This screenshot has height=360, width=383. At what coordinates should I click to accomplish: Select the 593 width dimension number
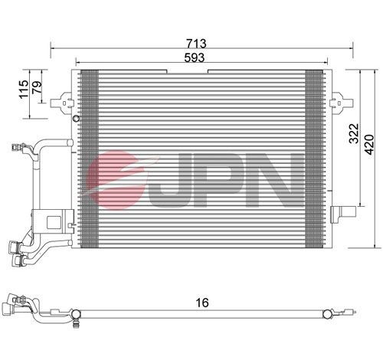pyautogui.click(x=197, y=55)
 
